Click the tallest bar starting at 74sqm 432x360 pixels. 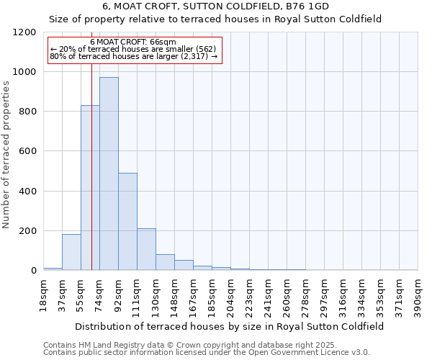click(x=109, y=174)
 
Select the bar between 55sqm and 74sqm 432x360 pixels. click(x=90, y=188)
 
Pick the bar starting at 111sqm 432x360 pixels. click(x=146, y=249)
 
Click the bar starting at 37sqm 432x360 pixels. click(x=71, y=252)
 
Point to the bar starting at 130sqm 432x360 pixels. click(x=165, y=262)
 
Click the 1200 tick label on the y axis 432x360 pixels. click(x=24, y=32)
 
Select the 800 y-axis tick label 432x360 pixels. click(x=27, y=112)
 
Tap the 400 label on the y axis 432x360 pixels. click(x=27, y=192)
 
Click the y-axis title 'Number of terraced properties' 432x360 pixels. click(x=6, y=155)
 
